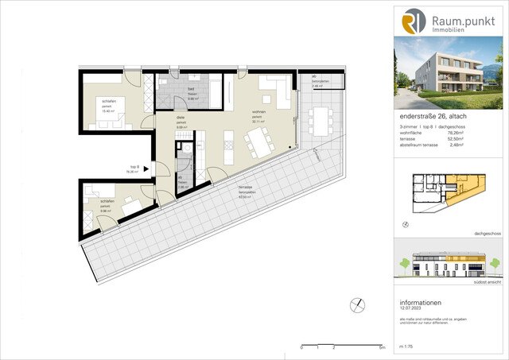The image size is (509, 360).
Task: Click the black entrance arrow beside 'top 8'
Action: click(146, 168)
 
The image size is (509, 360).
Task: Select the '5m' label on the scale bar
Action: click(382, 348)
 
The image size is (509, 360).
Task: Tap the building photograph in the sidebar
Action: click(450, 72)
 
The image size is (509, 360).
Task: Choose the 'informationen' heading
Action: click(422, 303)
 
